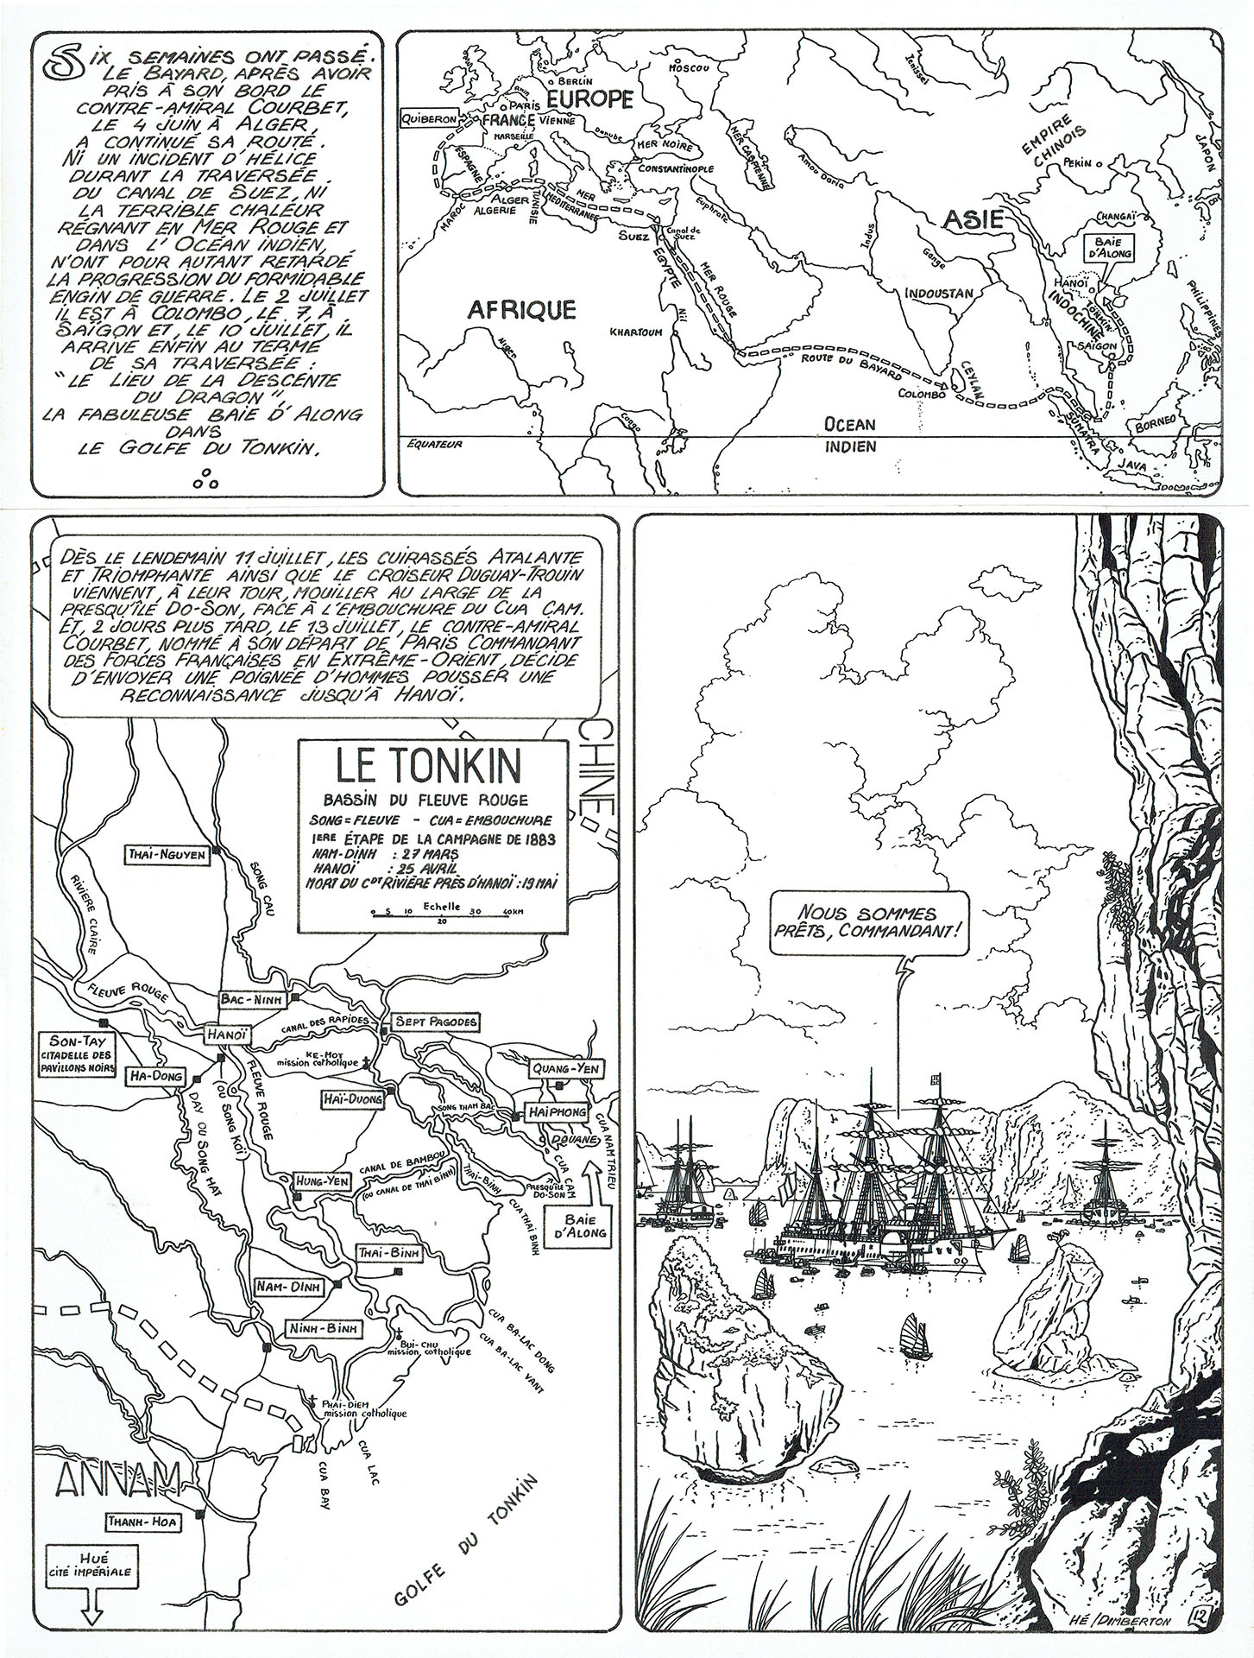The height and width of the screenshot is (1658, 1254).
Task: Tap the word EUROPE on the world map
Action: pyautogui.click(x=590, y=100)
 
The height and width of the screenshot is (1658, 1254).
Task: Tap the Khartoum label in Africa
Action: pyautogui.click(x=635, y=332)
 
